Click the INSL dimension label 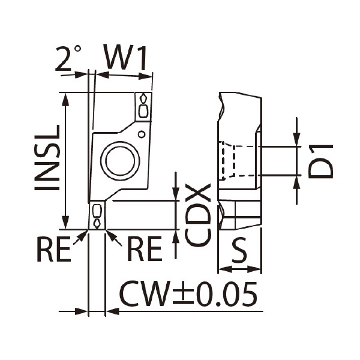(x=47, y=157)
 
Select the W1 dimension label (x=125, y=57)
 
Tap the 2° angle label (x=68, y=58)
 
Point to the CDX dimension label (x=198, y=215)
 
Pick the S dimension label (x=239, y=250)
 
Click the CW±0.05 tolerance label (x=188, y=293)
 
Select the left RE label (x=54, y=249)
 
